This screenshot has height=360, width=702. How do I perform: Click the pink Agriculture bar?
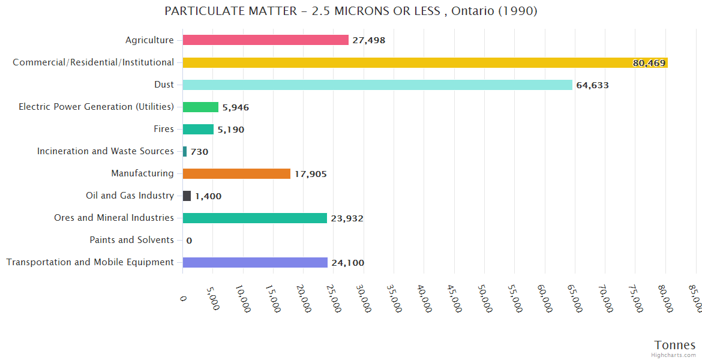click(265, 40)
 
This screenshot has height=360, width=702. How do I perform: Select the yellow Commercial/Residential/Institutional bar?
click(420, 62)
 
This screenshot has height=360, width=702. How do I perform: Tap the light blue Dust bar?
click(377, 85)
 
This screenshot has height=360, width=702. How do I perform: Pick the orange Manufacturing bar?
click(236, 173)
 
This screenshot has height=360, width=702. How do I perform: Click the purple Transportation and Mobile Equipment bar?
click(255, 262)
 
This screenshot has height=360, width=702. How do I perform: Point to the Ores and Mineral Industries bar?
click(254, 218)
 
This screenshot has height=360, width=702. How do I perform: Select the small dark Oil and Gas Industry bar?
click(187, 196)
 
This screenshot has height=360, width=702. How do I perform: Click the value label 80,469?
click(649, 63)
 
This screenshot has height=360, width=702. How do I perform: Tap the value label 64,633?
click(592, 85)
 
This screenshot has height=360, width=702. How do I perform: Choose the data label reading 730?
click(199, 152)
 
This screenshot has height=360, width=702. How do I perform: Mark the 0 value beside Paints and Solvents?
click(189, 241)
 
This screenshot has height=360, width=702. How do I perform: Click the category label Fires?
click(164, 129)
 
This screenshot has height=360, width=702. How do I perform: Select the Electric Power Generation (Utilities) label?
click(96, 107)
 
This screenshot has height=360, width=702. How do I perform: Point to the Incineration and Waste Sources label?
click(106, 151)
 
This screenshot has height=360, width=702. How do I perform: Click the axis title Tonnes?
click(675, 345)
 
